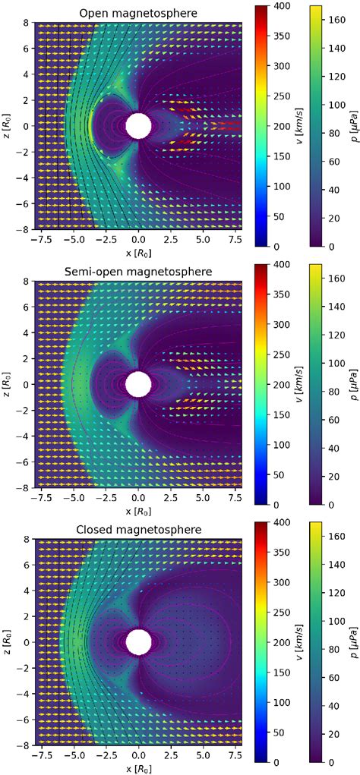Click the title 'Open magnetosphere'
coord(138,13)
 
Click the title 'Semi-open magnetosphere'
coord(138,271)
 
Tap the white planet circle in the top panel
coord(138,126)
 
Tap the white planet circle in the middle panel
coord(138,384)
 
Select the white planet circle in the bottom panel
coord(138,641)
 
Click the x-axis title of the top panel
coord(138,269)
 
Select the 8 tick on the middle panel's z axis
coord(28,281)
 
